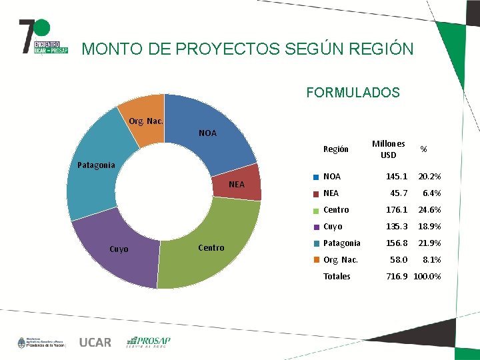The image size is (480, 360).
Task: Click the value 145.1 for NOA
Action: coord(397,177)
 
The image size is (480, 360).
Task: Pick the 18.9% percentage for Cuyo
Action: coord(429,227)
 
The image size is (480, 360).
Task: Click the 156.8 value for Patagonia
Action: coord(397,243)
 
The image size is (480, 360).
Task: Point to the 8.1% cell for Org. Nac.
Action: coord(432,259)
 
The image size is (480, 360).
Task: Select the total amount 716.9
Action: coord(397,276)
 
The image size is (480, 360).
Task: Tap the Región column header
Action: coord(335,149)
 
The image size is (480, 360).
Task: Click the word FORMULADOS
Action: coord(353,93)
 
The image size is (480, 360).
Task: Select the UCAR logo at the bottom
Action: coord(95,343)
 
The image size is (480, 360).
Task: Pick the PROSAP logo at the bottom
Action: coord(149,342)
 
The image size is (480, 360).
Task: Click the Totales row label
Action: coord(337,276)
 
